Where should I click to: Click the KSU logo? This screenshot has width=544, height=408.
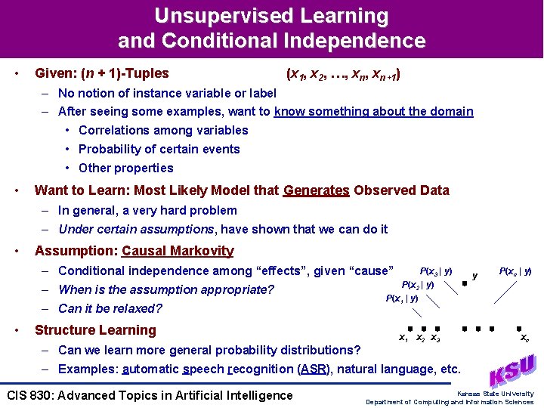click(x=512, y=371)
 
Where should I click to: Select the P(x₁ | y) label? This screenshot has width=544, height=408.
click(x=402, y=298)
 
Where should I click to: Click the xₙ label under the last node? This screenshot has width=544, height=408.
click(x=524, y=339)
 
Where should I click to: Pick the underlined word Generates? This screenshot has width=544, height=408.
click(x=316, y=190)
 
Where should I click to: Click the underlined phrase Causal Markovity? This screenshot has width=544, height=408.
click(x=178, y=251)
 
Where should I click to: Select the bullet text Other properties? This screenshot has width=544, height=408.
click(x=125, y=168)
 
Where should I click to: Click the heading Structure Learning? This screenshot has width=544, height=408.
click(x=95, y=330)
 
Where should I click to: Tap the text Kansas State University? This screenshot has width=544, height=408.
click(x=495, y=394)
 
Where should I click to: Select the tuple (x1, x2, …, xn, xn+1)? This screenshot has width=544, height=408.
click(x=343, y=74)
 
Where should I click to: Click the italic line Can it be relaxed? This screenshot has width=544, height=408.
click(x=110, y=308)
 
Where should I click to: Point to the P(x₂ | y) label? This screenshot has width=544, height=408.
click(x=417, y=285)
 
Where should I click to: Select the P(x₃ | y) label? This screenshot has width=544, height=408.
click(x=436, y=271)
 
